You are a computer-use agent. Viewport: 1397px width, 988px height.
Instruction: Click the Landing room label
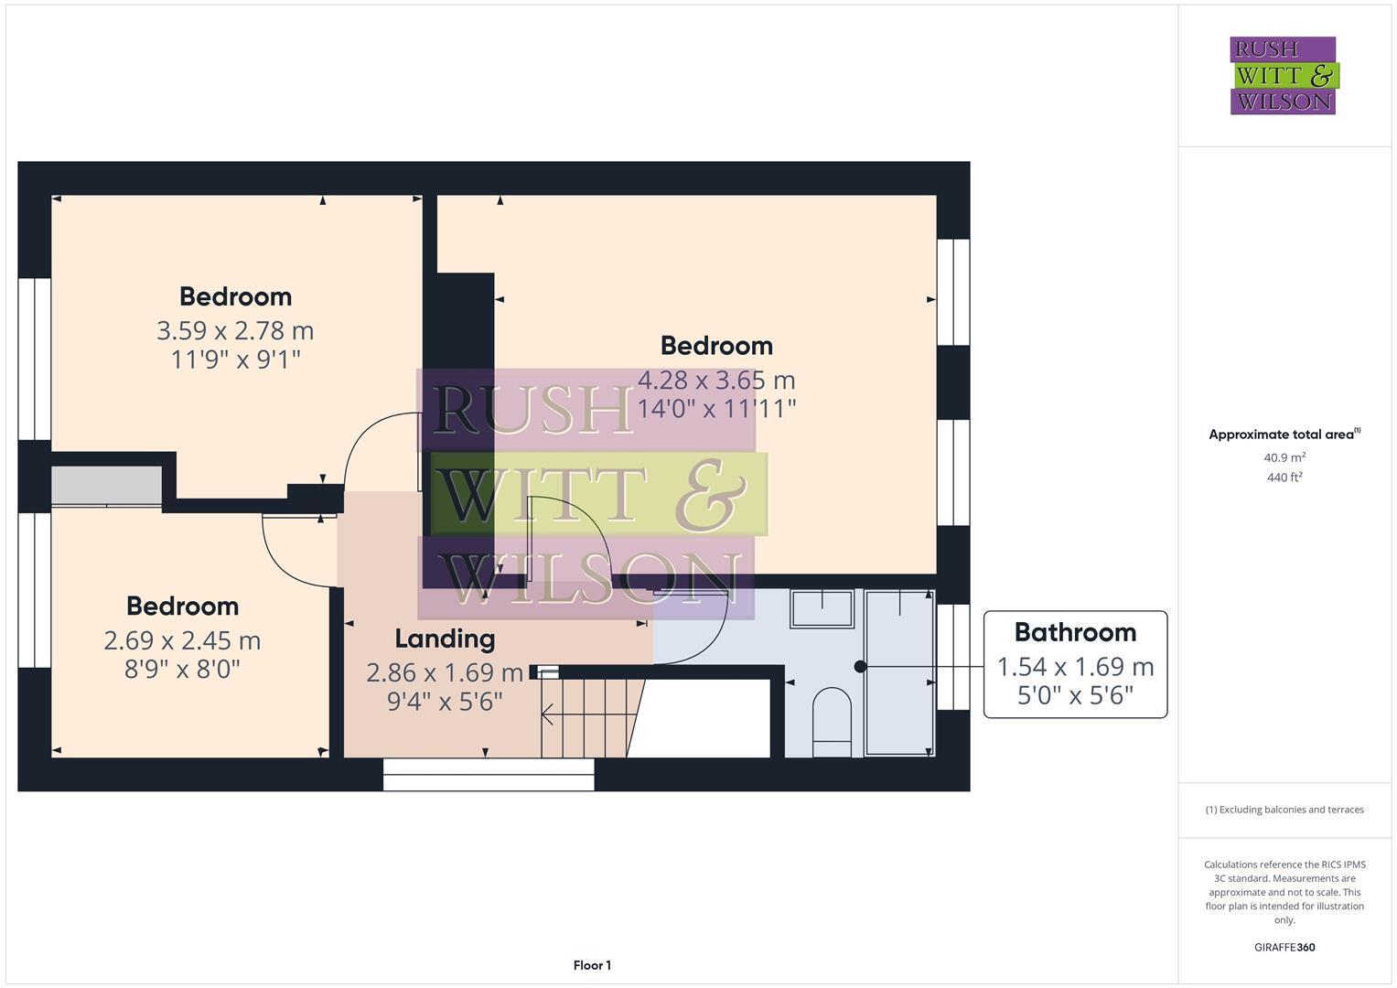click(445, 639)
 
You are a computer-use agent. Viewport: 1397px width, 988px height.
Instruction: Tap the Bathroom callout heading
click(1075, 632)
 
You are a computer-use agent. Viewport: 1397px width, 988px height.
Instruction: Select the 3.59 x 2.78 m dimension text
click(235, 330)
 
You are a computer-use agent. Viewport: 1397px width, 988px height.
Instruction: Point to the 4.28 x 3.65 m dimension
click(716, 380)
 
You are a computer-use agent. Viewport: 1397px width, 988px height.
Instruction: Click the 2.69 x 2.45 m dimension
click(182, 640)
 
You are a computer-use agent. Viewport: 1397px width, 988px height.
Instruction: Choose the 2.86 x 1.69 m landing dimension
click(445, 673)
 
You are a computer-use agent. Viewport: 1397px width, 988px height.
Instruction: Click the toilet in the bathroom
click(832, 719)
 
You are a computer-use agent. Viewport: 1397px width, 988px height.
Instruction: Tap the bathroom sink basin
click(822, 608)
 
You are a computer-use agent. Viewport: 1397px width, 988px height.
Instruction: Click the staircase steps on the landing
click(586, 718)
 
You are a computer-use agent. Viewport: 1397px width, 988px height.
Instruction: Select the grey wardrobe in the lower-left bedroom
click(106, 486)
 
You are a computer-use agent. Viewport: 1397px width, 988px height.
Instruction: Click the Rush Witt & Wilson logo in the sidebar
click(1284, 75)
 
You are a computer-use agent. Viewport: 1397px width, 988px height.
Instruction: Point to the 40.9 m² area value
click(1284, 457)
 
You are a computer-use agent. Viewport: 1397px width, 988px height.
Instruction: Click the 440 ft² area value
click(1284, 477)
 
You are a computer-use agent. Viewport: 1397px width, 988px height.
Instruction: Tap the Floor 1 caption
click(592, 965)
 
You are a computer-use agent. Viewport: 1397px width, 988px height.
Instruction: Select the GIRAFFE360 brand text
click(1284, 947)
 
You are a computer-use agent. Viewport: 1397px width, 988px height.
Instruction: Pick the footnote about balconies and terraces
click(1284, 810)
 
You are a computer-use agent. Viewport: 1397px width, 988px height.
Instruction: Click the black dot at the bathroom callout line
click(860, 667)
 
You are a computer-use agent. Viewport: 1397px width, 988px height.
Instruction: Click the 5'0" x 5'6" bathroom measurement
click(1075, 696)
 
